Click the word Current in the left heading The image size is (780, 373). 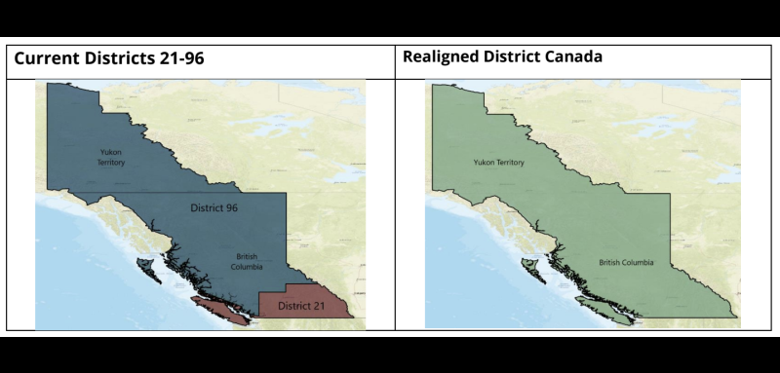(x=45, y=58)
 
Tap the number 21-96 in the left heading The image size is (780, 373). (x=176, y=58)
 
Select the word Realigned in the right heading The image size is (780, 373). (x=443, y=57)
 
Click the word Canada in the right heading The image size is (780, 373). (x=573, y=56)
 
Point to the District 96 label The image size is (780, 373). (x=214, y=207)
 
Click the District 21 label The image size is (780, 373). (x=300, y=307)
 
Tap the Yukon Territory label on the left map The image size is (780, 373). (x=111, y=157)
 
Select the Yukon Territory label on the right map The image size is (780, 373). (x=498, y=162)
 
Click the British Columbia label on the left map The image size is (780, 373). (x=247, y=262)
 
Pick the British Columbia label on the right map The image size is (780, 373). (x=625, y=263)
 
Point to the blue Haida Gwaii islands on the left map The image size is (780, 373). (x=147, y=265)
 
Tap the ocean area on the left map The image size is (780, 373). (x=88, y=282)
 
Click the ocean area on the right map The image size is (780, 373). (x=468, y=282)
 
